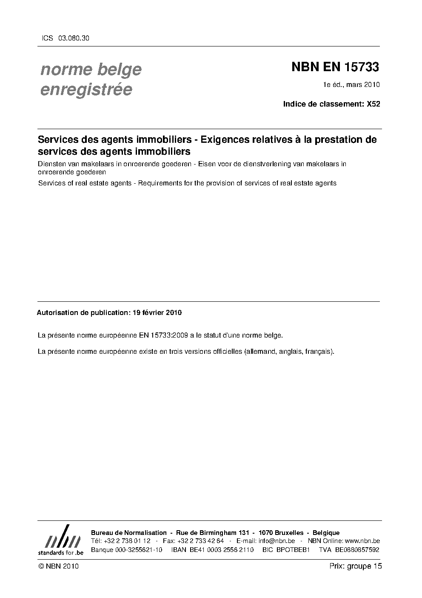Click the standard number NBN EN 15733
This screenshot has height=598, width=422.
click(335, 67)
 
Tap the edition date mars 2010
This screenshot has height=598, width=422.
click(363, 84)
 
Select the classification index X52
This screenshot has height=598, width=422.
click(373, 104)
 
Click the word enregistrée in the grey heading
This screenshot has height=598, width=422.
click(86, 90)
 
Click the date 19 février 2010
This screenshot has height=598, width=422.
click(157, 312)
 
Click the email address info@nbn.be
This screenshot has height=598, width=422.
click(277, 541)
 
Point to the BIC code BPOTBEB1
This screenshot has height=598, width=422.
click(293, 549)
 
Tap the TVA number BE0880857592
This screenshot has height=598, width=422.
click(357, 549)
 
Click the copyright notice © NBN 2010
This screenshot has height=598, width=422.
click(58, 566)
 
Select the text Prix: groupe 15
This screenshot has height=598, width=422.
click(356, 566)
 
